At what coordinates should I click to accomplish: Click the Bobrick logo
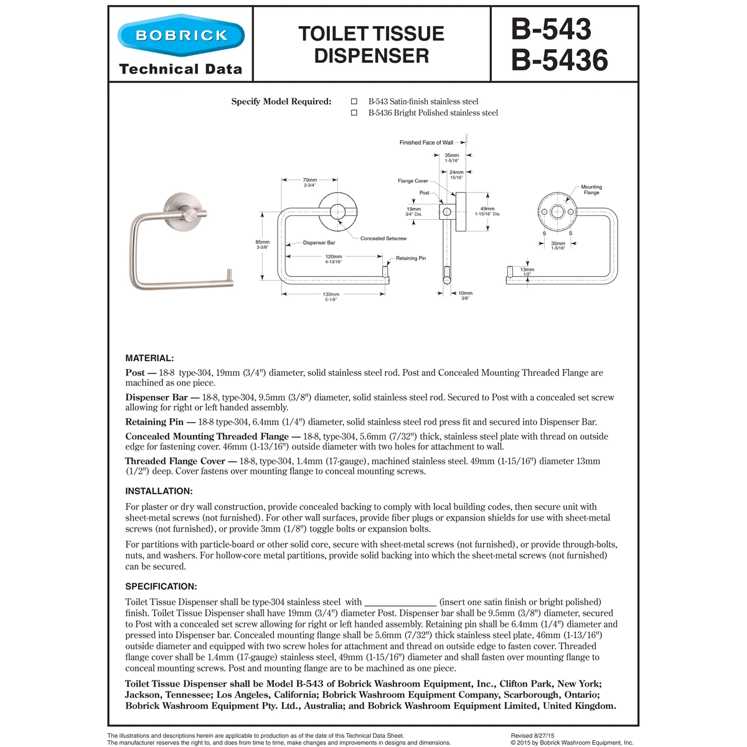coord(181,35)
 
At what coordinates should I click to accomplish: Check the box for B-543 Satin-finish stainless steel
coord(354,101)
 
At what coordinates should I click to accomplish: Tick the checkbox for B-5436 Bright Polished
coord(354,113)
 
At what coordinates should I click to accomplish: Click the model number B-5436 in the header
coord(559,60)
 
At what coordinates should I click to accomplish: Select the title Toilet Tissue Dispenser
coord(371,44)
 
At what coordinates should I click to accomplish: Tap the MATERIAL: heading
coord(149,358)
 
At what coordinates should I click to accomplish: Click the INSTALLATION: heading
coord(159,491)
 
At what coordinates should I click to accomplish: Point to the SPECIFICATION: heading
coord(161,586)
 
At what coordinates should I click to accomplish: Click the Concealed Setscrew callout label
coord(383,238)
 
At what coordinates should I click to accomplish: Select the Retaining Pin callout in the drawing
coord(411,258)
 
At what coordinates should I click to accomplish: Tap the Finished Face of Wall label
coord(426,143)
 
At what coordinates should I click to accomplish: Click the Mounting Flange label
coord(591,189)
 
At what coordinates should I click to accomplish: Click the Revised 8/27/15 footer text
coord(533,736)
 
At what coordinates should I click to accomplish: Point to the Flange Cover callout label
coord(413,181)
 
